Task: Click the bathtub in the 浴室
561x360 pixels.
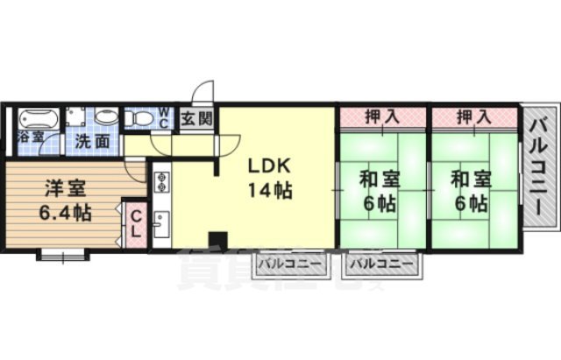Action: tap(37, 119)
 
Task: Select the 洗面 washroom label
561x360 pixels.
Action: tap(90, 140)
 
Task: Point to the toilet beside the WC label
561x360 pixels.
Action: tap(107, 118)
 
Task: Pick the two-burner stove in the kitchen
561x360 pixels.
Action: tap(163, 183)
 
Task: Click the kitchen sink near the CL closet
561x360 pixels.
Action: tap(162, 226)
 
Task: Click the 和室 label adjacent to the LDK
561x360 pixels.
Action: tap(379, 180)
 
